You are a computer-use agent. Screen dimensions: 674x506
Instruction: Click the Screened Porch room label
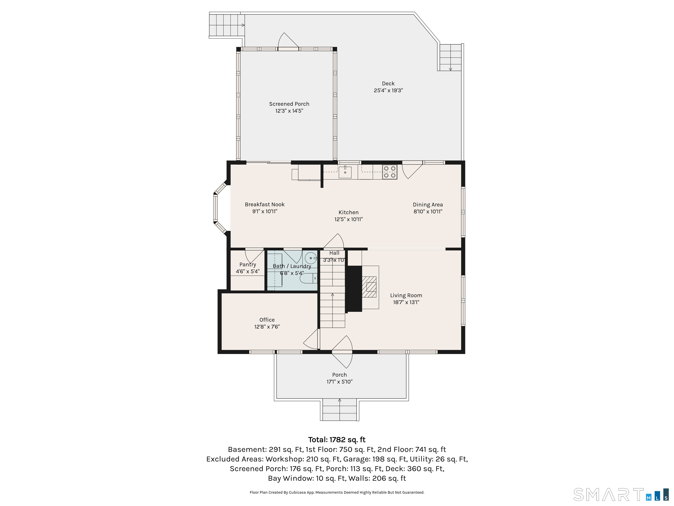coord(289,104)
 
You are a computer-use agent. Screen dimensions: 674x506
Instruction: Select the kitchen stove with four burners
coord(390,172)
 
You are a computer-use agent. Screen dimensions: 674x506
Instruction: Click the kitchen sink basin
coord(345,172)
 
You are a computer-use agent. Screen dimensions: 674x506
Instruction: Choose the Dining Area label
coord(428,205)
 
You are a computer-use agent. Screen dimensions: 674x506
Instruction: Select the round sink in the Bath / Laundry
coord(311,258)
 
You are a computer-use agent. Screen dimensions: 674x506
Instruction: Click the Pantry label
coord(247,264)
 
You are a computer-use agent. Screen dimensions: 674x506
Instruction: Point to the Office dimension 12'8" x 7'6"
coord(267,327)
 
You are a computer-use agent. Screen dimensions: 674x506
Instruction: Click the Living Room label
coord(406,295)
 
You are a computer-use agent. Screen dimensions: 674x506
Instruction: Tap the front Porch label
coord(339,375)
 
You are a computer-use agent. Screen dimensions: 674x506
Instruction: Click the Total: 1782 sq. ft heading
coord(337,439)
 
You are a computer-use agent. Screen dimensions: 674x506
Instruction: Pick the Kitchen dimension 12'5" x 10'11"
coord(349,219)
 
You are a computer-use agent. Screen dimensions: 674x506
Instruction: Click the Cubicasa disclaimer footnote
coord(337,493)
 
